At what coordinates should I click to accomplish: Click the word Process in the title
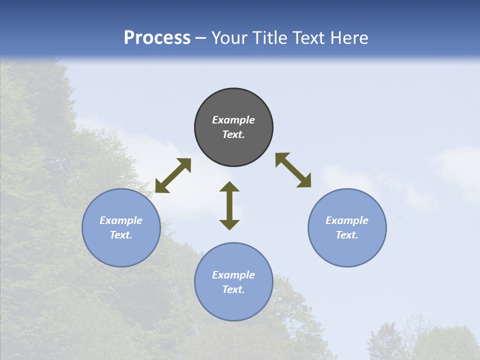[x=157, y=38]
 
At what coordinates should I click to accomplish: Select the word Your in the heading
[x=228, y=38]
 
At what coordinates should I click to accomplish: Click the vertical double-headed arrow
[x=229, y=205]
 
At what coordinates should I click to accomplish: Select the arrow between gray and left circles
[x=173, y=175]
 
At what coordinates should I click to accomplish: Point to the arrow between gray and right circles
[x=293, y=170]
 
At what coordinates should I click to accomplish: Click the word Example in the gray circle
[x=233, y=120]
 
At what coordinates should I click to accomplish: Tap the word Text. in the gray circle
[x=233, y=134]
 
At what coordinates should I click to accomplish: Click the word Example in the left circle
[x=121, y=220]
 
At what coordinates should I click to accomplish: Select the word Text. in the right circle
[x=347, y=235]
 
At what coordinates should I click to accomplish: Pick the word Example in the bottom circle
[x=233, y=275]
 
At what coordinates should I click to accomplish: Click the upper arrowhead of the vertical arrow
[x=229, y=186]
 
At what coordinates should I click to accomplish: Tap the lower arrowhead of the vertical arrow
[x=229, y=224]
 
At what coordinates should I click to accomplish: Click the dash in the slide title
[x=201, y=38]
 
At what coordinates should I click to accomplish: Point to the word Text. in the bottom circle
[x=233, y=289]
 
